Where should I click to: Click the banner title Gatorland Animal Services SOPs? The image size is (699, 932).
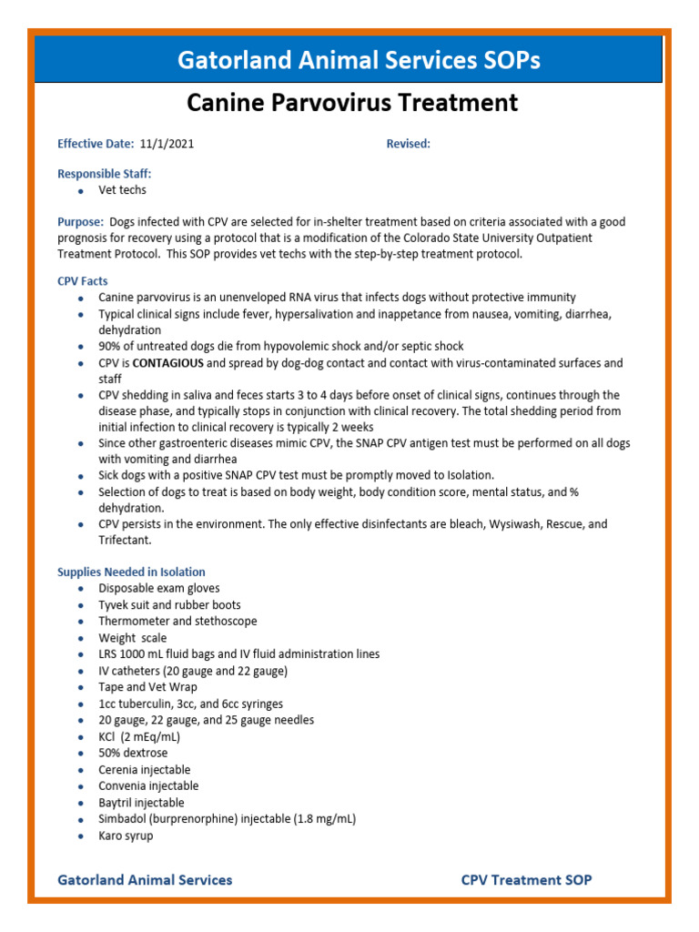click(x=359, y=60)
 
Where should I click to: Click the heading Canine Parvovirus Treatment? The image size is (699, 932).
click(x=352, y=103)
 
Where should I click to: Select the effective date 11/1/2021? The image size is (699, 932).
click(x=167, y=144)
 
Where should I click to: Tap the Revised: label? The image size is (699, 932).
click(x=408, y=144)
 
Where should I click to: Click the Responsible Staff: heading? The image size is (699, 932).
click(x=105, y=173)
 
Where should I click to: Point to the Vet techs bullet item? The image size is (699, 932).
click(x=122, y=190)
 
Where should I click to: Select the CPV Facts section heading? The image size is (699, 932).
click(x=82, y=281)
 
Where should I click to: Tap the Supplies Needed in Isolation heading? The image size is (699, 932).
click(x=131, y=572)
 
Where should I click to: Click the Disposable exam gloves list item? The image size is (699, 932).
click(x=158, y=588)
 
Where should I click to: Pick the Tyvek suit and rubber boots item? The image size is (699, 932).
click(x=169, y=604)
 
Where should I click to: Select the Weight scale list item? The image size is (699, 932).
click(x=132, y=638)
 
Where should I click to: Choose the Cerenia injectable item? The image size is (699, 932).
click(x=145, y=769)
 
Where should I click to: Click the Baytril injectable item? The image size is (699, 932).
click(x=141, y=803)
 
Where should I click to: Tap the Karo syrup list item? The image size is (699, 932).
click(x=126, y=836)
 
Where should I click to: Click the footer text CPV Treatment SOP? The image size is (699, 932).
click(x=526, y=879)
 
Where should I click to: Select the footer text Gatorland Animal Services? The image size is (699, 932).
click(x=145, y=879)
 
